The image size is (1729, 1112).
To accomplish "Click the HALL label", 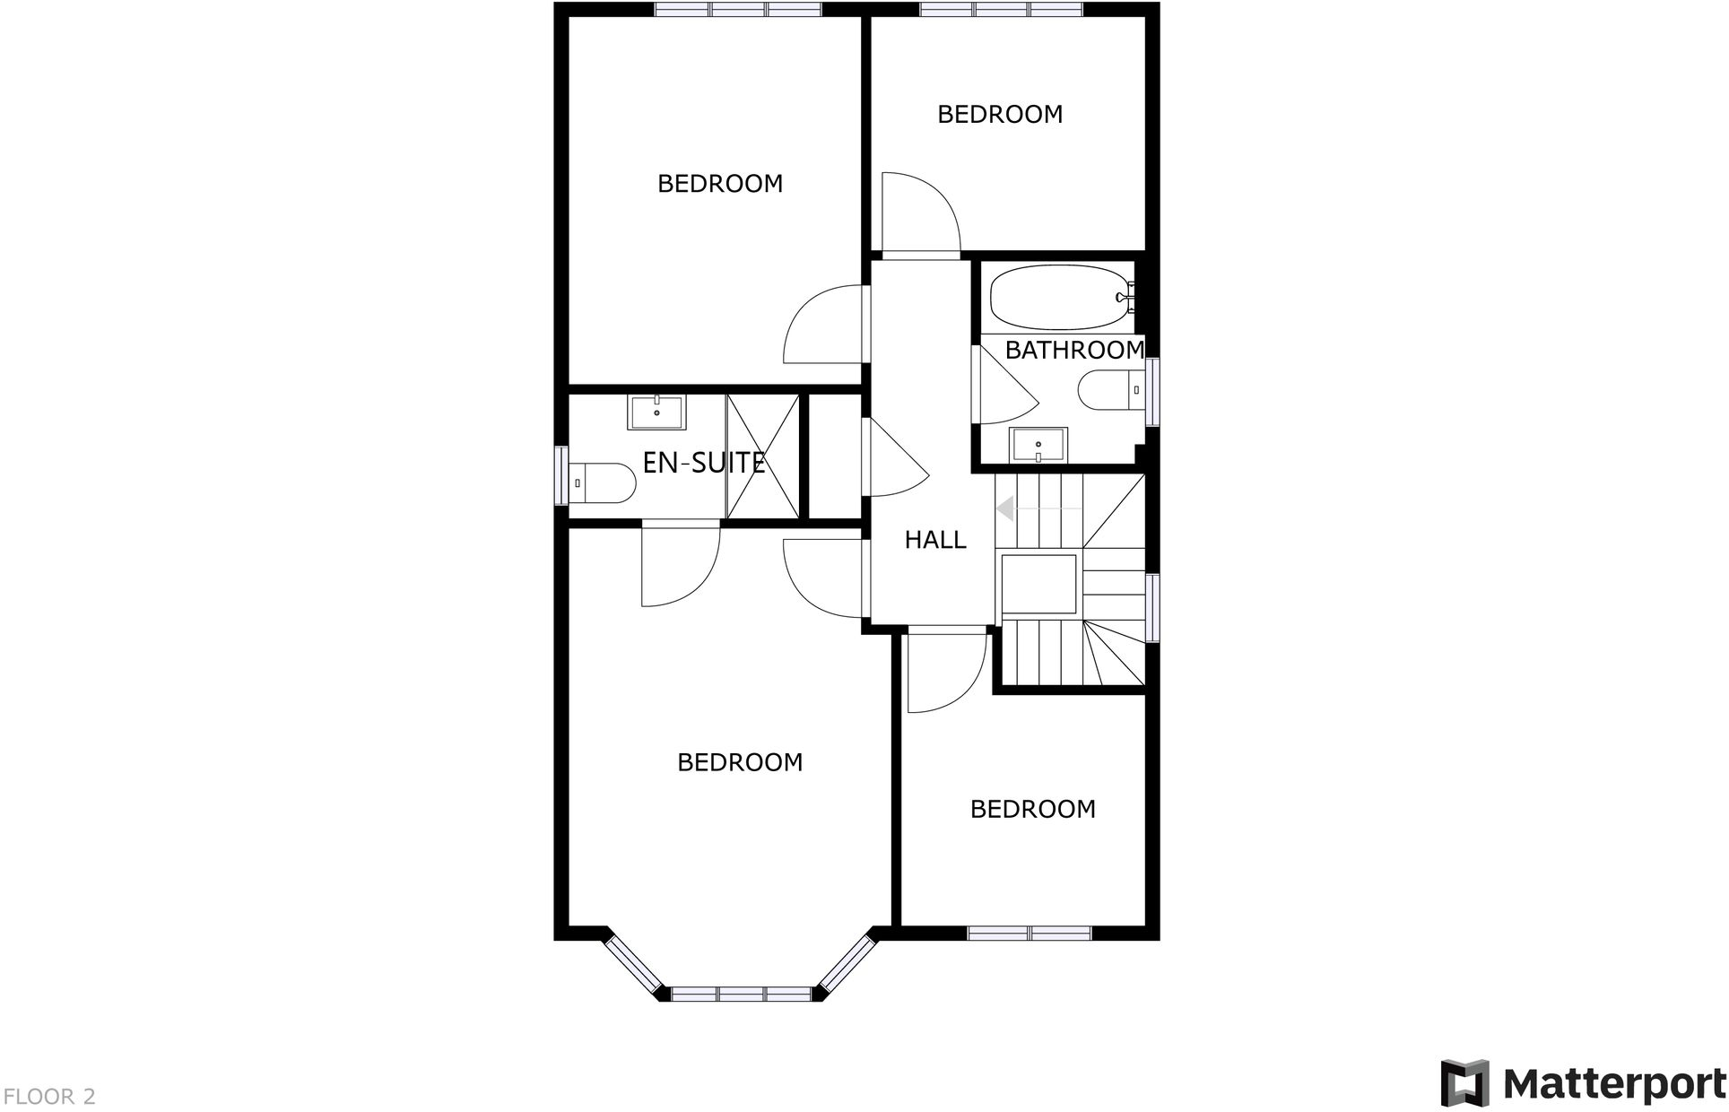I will coord(934,540).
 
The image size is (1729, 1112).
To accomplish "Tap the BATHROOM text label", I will coord(1073,350).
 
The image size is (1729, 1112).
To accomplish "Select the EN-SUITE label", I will coord(704,463).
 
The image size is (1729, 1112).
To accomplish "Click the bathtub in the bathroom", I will coord(1059,297).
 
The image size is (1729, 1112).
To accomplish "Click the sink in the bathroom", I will coord(1038,445).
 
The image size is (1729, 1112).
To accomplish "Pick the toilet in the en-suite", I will coord(601,483).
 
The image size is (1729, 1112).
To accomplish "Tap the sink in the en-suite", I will coord(657,413).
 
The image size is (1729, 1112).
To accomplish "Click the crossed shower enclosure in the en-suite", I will coord(762,456).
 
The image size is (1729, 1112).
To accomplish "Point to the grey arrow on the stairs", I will coord(1006,509).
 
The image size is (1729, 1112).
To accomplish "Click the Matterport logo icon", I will coord(1464,1083).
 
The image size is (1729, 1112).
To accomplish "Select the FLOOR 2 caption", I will coord(49,1097).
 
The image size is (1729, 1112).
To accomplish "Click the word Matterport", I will coord(1614,1084).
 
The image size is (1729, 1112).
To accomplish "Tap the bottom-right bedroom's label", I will coord(1032,809).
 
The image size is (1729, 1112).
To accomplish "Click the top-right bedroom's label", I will coord(1000,114).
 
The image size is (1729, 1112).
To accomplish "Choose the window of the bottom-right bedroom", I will coord(1030,934).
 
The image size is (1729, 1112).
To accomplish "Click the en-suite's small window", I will coord(561,475).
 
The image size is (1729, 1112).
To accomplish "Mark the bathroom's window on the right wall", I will coord(1152,391).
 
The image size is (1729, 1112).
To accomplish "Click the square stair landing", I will coord(1038,584).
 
